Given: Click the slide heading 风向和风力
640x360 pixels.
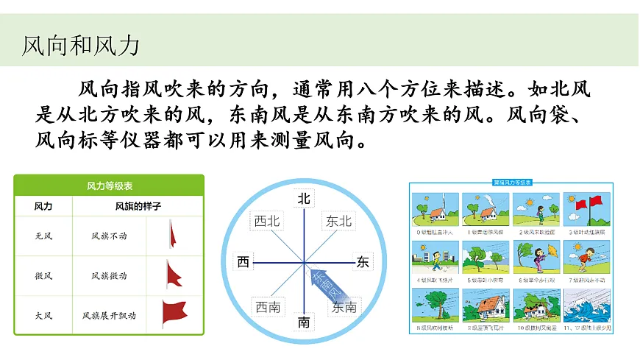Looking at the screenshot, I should pyautogui.click(x=81, y=46).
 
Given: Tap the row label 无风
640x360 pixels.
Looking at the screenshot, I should pyautogui.click(x=43, y=236).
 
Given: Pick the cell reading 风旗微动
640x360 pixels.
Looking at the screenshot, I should pyautogui.click(x=109, y=276).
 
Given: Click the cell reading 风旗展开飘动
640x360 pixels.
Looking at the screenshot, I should pyautogui.click(x=109, y=316).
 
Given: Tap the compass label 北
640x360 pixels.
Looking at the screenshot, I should pyautogui.click(x=304, y=199).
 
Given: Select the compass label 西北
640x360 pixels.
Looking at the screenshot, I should pyautogui.click(x=266, y=221).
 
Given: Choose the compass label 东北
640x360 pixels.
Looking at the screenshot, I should pyautogui.click(x=339, y=221).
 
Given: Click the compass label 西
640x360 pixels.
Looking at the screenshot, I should pyautogui.click(x=243, y=262).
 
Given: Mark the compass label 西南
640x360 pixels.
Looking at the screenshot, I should pyautogui.click(x=267, y=307).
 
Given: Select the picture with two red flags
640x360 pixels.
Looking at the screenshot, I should pyautogui.click(x=586, y=209).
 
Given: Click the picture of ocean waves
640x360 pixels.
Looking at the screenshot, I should pyautogui.click(x=586, y=303).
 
